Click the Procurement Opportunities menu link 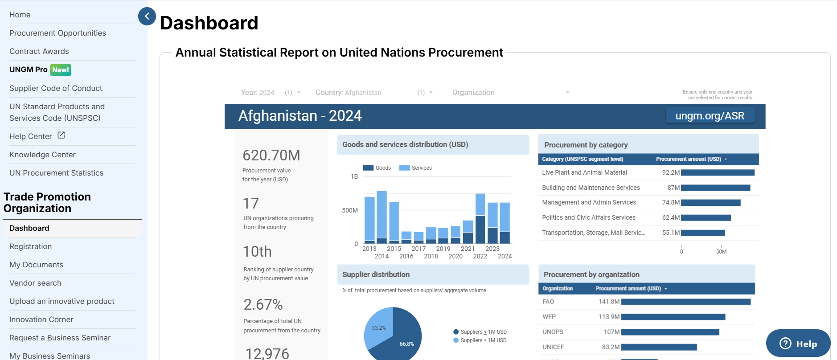[x=57, y=33]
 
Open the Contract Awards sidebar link [x=39, y=51]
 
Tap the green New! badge [x=61, y=70]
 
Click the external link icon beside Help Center [x=61, y=135]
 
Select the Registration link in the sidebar [x=30, y=246]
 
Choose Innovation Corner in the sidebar [x=41, y=319]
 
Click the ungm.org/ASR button [x=710, y=116]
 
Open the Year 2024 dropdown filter [x=270, y=93]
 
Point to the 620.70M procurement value [x=271, y=155]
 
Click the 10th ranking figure [x=257, y=252]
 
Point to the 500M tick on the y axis [x=350, y=210]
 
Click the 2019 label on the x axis [x=443, y=249]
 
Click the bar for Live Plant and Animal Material [x=718, y=172]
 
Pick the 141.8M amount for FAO [x=609, y=302]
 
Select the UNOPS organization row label [x=553, y=332]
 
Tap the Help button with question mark [x=798, y=344]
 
